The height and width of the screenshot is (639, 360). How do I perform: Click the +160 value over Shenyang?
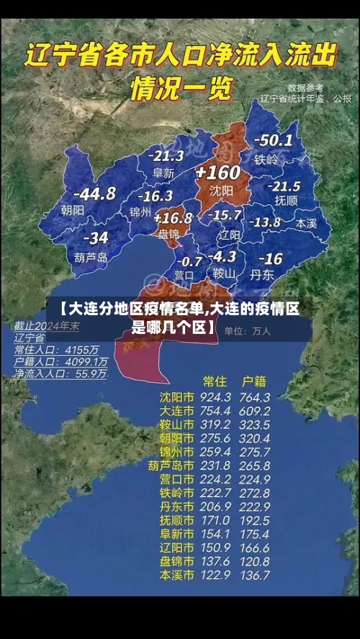tap(217, 173)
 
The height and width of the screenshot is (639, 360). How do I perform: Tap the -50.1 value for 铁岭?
tap(274, 140)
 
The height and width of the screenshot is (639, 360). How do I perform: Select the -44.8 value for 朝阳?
tap(94, 194)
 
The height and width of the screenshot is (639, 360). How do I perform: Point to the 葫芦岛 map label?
tap(91, 257)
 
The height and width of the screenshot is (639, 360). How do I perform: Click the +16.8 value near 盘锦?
tap(173, 218)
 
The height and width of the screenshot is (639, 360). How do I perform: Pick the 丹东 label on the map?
tap(261, 275)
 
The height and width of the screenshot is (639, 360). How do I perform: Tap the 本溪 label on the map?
tap(306, 224)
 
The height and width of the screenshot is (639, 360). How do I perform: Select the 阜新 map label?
tap(163, 173)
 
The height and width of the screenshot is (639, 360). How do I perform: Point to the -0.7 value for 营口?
tap(189, 261)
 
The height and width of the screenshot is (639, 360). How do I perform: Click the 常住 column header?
tap(215, 381)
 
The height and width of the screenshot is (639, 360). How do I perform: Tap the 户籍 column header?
tap(253, 381)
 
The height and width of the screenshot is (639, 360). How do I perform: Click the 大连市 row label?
tap(176, 410)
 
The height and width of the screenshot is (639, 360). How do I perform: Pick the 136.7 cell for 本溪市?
tap(255, 576)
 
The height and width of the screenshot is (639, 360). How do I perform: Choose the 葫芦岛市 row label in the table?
tap(171, 466)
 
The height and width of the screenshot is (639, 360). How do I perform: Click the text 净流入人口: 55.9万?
tap(60, 374)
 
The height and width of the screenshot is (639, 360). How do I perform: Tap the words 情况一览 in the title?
tap(181, 89)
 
